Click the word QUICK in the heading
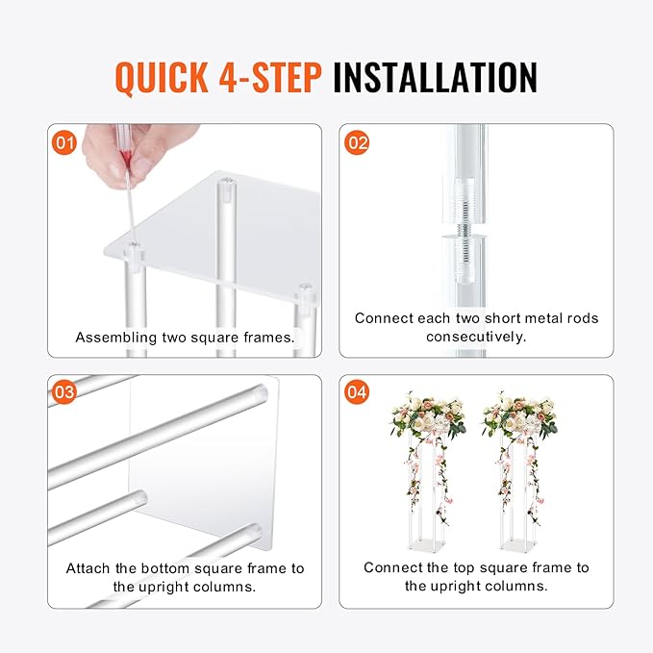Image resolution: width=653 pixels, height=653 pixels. click(x=162, y=77)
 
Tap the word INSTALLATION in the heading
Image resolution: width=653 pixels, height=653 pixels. click(x=436, y=77)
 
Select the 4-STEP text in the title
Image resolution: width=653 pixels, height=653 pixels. click(x=270, y=77)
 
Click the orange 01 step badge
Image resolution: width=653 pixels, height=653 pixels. click(x=64, y=143)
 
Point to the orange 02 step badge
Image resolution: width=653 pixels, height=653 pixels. click(x=358, y=143)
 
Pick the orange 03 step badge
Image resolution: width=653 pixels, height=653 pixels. click(x=64, y=391)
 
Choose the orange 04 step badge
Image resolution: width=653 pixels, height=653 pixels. click(x=357, y=391)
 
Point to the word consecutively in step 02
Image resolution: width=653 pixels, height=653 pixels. click(x=476, y=337)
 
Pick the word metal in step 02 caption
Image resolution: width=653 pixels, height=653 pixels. click(x=541, y=318)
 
